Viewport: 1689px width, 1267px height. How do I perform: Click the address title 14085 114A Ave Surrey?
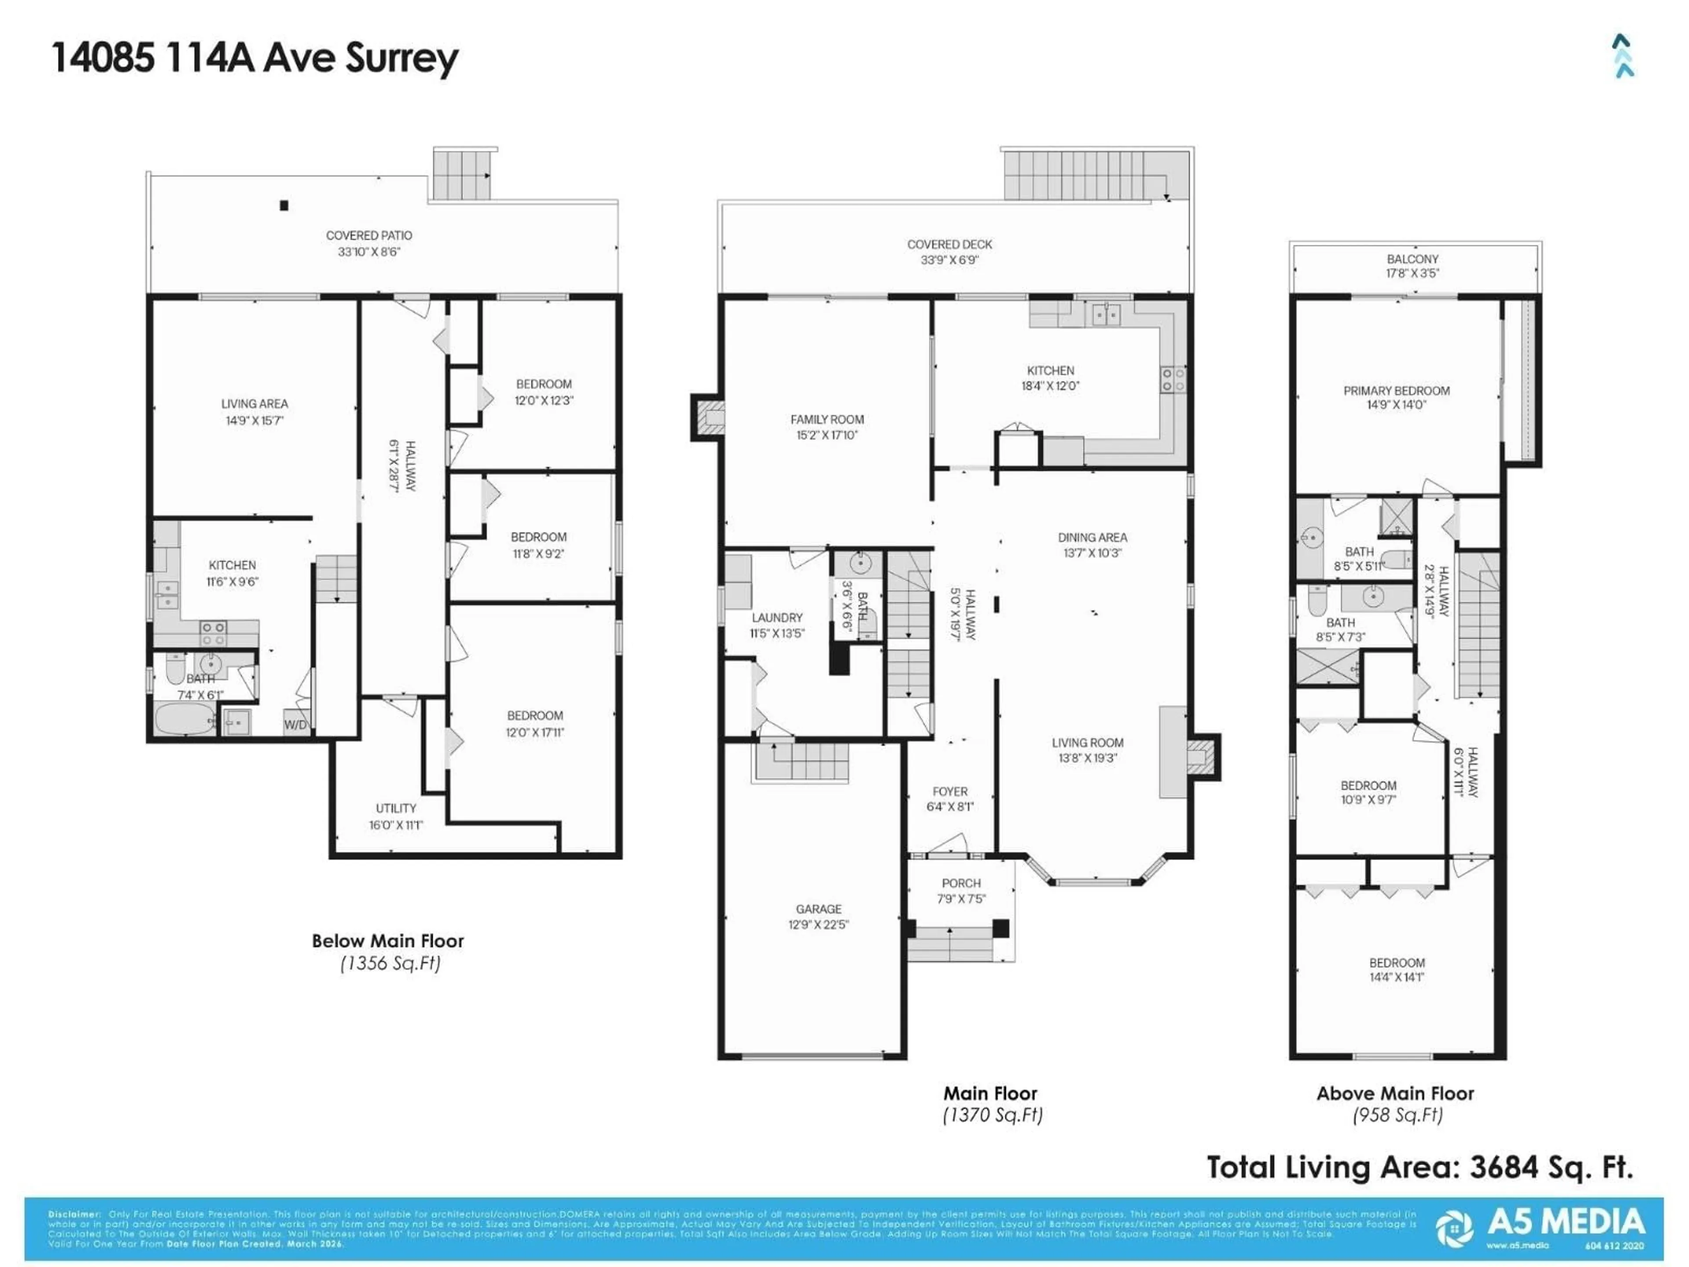pyautogui.click(x=255, y=58)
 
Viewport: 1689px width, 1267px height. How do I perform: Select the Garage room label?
pyautogui.click(x=819, y=909)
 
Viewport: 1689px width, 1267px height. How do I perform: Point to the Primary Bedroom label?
pyautogui.click(x=1397, y=390)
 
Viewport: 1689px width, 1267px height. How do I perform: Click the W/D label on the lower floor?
pyautogui.click(x=296, y=725)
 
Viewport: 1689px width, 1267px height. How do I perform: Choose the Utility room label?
pyautogui.click(x=395, y=808)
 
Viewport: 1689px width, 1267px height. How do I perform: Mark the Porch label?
pyautogui.click(x=961, y=883)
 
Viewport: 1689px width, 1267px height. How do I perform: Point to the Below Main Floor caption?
pyautogui.click(x=388, y=941)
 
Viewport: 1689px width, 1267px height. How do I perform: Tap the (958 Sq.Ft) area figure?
pyautogui.click(x=1397, y=1115)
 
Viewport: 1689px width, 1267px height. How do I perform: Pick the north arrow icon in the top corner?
pyautogui.click(x=1623, y=56)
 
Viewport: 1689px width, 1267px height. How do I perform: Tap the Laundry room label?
pyautogui.click(x=776, y=617)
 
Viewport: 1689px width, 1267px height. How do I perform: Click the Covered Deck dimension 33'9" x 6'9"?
pyautogui.click(x=949, y=260)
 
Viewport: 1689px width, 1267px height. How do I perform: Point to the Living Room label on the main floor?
pyautogui.click(x=1087, y=742)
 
